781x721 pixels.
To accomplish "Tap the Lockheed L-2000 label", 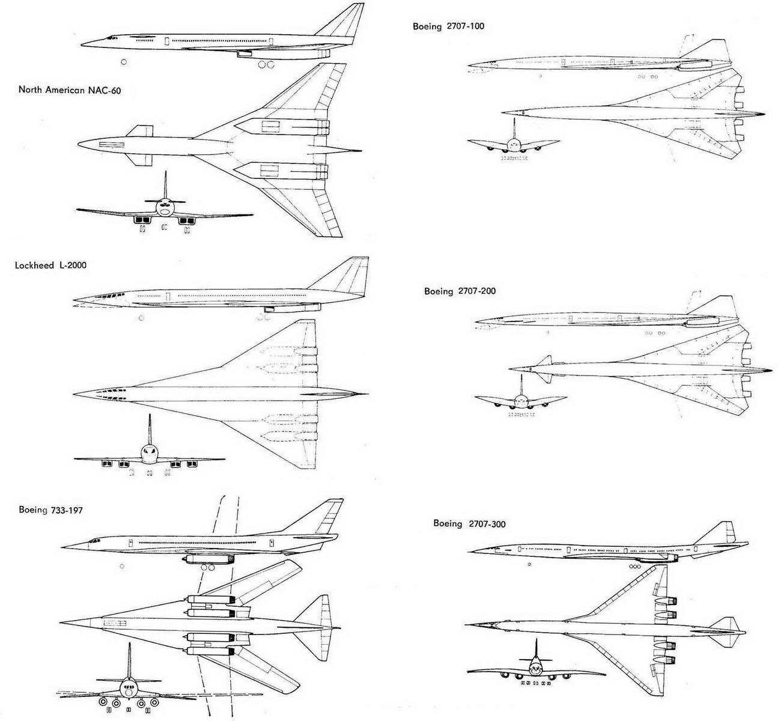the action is [51, 265].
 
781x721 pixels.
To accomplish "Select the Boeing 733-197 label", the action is [50, 510].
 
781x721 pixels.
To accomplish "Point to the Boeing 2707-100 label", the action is [448, 26].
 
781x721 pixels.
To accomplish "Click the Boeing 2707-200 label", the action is [460, 291].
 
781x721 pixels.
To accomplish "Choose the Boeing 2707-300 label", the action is [469, 524].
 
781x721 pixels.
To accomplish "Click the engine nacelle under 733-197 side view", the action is [210, 559].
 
